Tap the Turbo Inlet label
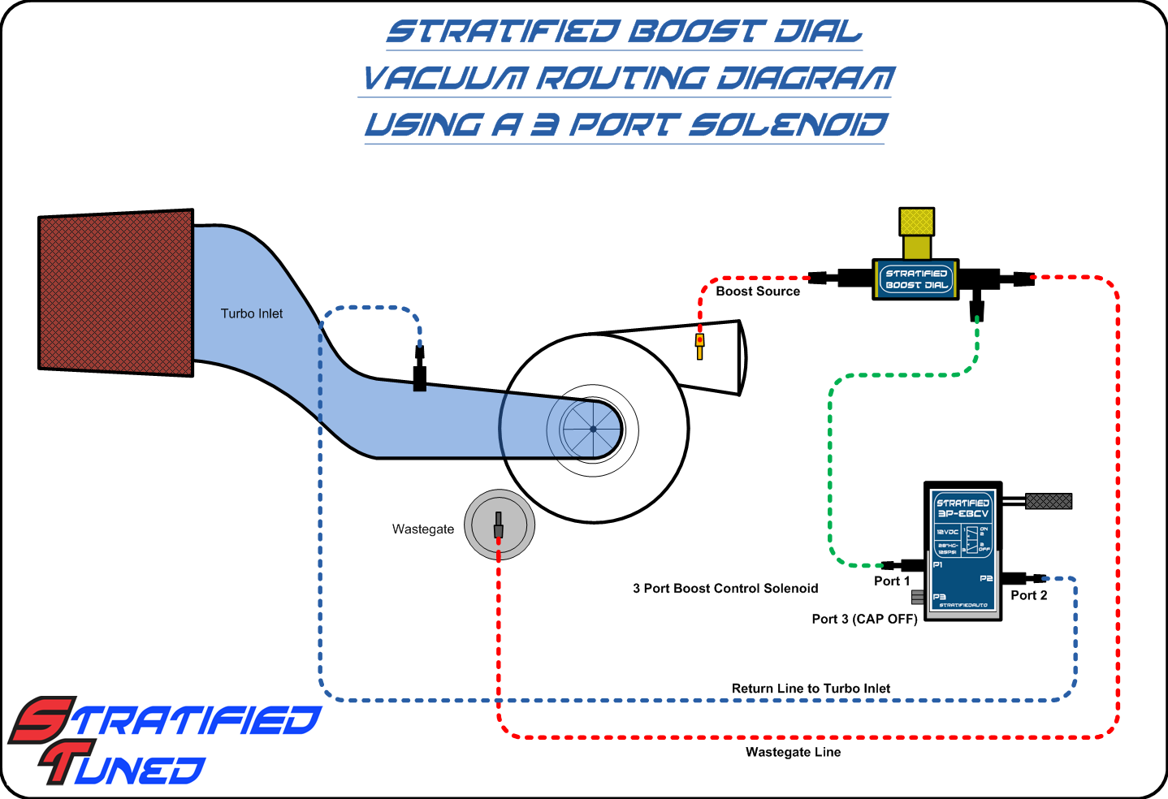[x=252, y=313]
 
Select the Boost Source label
[x=758, y=292]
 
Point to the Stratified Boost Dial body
[x=916, y=279]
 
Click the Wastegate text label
[x=423, y=529]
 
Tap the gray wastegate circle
[x=500, y=525]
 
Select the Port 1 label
[x=892, y=581]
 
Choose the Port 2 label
[x=1029, y=595]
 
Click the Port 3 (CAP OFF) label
[x=864, y=619]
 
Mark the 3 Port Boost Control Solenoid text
[x=725, y=589]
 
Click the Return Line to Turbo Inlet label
[x=811, y=689]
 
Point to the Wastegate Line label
[x=794, y=753]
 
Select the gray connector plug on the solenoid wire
[x=1049, y=501]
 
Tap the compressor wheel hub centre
[x=593, y=429]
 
